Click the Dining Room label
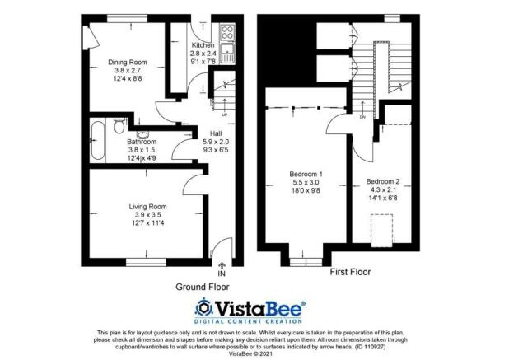127,62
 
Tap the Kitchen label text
203,44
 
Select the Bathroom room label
142,142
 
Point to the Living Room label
147,207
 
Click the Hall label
216,133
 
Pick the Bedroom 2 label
383,181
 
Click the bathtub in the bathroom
98,140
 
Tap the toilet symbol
119,125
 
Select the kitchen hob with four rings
227,32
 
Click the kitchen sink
227,53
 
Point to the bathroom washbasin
142,135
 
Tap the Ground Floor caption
203,287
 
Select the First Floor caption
350,272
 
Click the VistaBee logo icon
204,308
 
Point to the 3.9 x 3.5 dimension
147,214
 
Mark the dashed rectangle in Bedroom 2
382,230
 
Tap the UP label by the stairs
224,115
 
